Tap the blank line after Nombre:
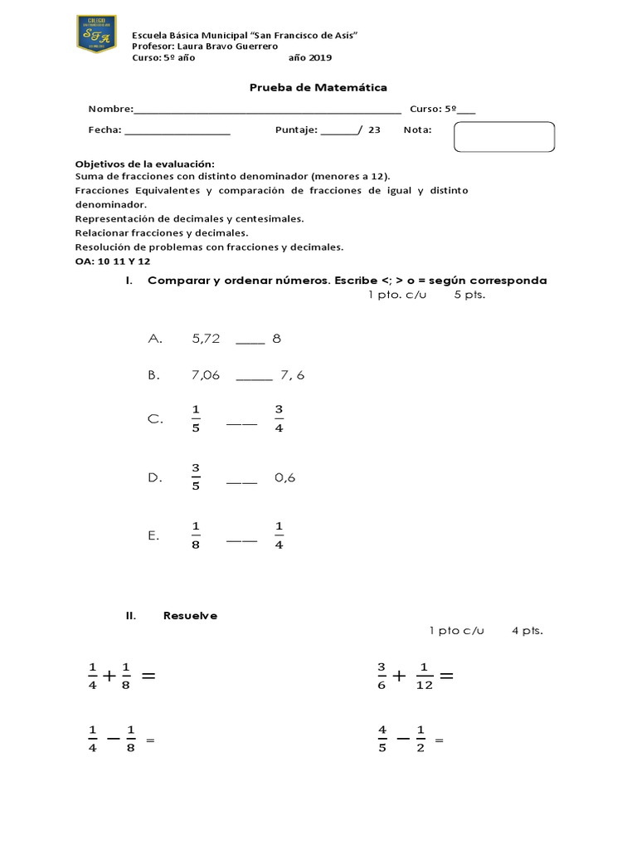click(267, 110)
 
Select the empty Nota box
click(503, 137)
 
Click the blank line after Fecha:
click(177, 130)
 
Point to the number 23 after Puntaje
click(374, 129)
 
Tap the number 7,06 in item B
click(206, 375)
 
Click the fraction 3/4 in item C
click(279, 419)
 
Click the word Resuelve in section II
click(191, 615)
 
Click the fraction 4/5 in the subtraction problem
click(382, 739)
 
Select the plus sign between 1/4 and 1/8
click(109, 677)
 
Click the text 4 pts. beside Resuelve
click(528, 631)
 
